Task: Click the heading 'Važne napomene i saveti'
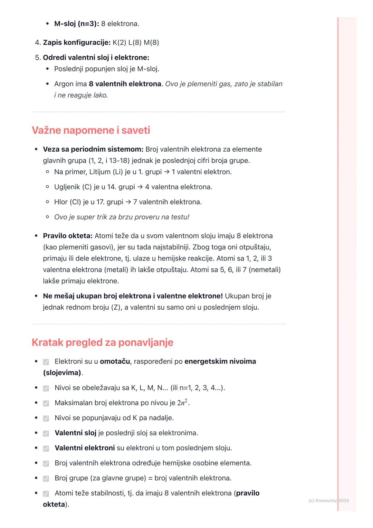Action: [91, 130]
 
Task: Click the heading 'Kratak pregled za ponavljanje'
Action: [102, 342]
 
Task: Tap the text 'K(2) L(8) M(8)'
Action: [136, 43]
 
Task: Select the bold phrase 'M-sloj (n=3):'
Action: [76, 24]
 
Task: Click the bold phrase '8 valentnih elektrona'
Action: [125, 84]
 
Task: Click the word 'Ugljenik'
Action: [67, 187]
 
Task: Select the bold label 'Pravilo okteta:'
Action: [68, 236]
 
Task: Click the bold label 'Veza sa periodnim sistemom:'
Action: [93, 149]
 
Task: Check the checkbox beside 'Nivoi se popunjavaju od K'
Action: [46, 418]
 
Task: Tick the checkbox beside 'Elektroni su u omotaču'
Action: [46, 362]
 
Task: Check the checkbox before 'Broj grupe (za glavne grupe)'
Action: [46, 479]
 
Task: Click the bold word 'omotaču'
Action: [115, 361]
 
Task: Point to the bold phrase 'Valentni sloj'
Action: [75, 433]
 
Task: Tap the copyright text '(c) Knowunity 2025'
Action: [328, 500]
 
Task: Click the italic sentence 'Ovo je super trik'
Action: [122, 217]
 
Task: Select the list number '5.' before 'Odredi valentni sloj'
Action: [38, 58]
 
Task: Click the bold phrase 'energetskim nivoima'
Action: [220, 361]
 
